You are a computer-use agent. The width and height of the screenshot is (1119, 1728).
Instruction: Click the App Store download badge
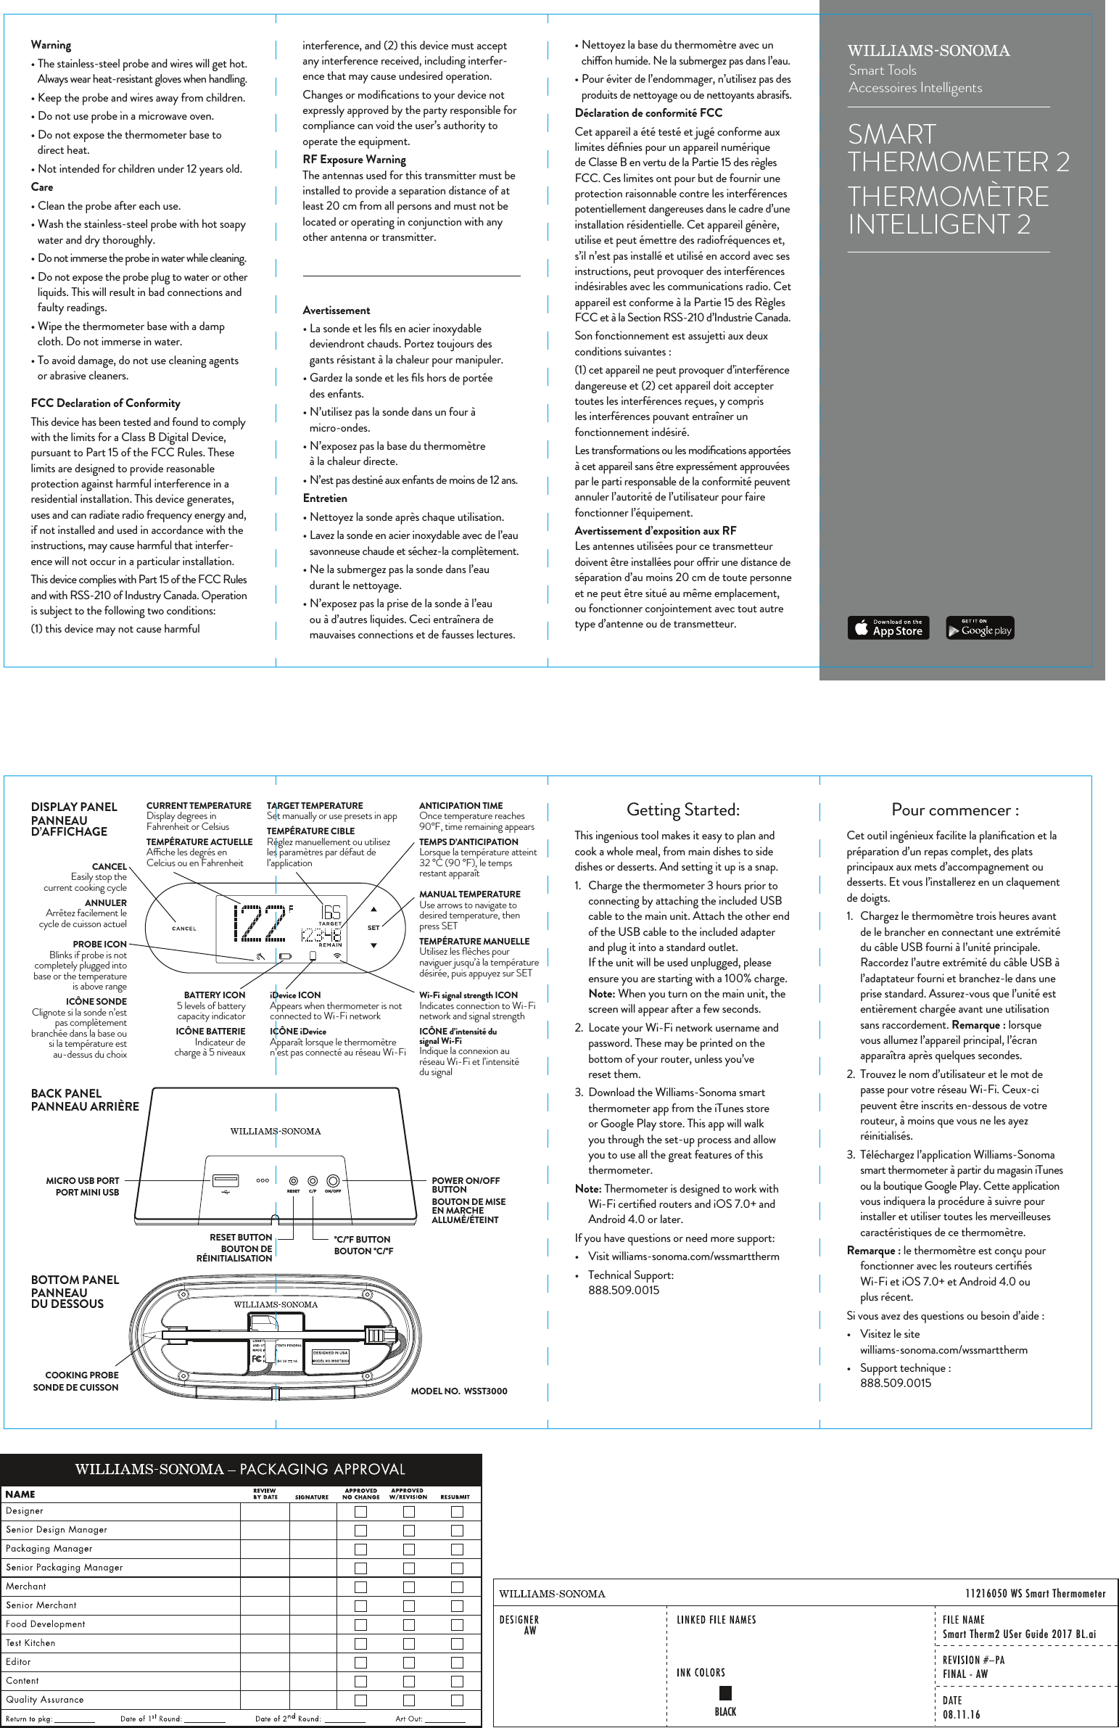888,628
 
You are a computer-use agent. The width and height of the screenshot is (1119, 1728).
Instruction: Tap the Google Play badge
980,628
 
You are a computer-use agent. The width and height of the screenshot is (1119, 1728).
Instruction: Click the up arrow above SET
373,909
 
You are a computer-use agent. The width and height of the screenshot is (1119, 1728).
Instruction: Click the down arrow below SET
373,945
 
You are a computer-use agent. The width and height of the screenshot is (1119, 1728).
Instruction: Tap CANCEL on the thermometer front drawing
183,929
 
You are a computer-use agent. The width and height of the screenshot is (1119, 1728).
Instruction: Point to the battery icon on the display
284,956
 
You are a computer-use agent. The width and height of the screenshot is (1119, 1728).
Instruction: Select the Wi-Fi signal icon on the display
337,956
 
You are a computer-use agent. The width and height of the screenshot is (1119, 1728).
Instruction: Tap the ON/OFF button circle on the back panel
333,1180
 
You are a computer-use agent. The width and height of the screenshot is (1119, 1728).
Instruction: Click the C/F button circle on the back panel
312,1180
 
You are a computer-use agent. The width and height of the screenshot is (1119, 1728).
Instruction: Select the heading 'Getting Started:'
683,810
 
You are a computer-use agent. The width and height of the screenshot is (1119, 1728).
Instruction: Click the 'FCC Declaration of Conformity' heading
105,403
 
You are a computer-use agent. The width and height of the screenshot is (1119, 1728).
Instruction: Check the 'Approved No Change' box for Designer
360,1512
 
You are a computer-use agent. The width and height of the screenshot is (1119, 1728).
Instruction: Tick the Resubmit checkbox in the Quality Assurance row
457,1700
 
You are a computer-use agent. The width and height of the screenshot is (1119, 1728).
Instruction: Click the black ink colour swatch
725,1693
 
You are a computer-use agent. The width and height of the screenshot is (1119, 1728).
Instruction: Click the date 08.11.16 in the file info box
961,1715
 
